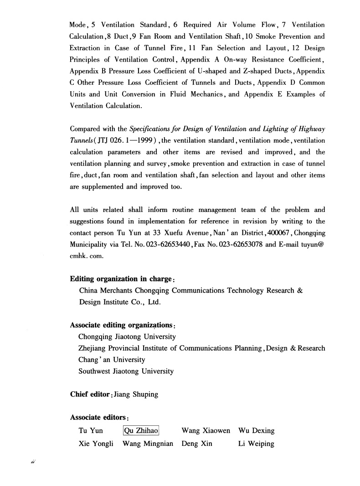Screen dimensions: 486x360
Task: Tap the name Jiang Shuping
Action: point(136,394)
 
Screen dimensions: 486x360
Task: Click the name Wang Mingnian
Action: point(148,444)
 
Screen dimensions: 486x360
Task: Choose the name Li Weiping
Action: point(256,444)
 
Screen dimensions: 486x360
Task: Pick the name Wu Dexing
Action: point(256,431)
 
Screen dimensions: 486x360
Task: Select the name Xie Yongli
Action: point(96,444)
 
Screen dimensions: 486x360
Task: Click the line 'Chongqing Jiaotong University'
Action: point(127,337)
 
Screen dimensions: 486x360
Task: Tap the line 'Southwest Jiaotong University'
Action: point(126,371)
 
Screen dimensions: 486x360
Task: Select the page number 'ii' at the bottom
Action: point(33,461)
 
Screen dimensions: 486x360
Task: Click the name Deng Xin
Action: point(197,444)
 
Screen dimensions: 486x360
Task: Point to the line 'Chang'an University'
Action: point(112,360)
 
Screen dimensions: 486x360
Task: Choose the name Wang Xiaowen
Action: point(206,431)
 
